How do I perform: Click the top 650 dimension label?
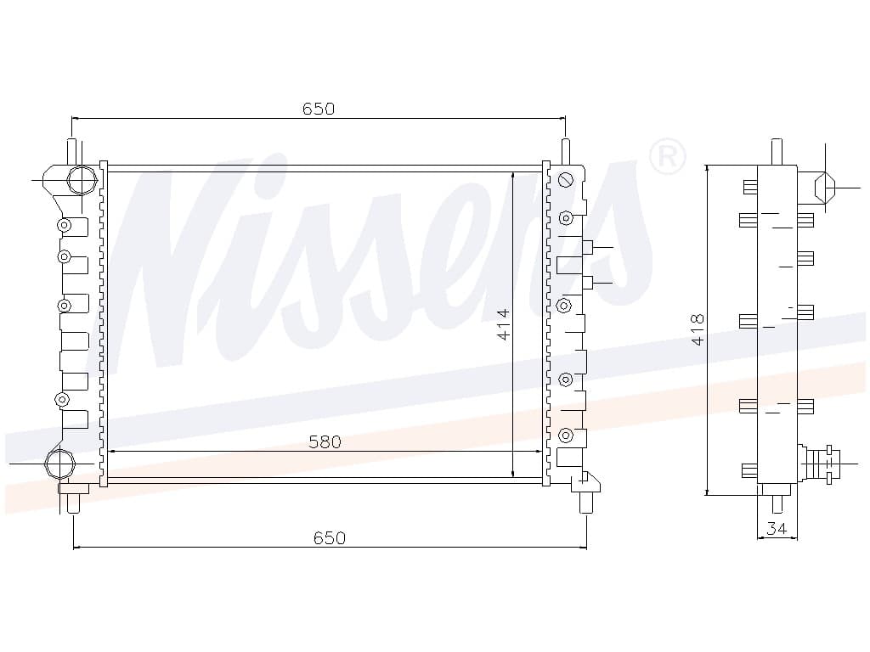pos(319,109)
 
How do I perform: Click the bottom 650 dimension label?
pos(330,537)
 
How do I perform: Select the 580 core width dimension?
pos(325,441)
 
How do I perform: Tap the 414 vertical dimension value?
pos(503,324)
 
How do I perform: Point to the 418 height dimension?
pos(698,329)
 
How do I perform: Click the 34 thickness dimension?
pos(777,529)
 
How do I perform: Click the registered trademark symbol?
pos(668,156)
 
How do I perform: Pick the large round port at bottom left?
pos(59,463)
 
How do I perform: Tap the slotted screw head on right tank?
pos(565,180)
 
